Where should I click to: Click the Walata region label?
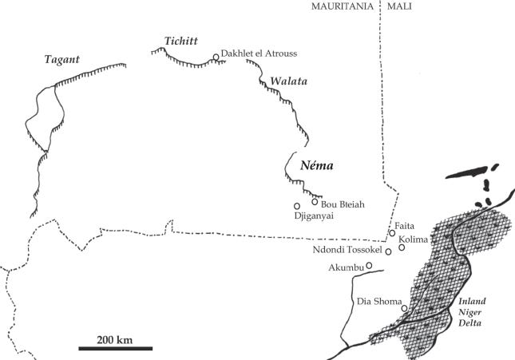288,81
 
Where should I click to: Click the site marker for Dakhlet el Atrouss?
216,57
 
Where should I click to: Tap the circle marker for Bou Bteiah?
315,201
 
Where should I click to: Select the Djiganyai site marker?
297,206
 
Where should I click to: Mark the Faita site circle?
391,233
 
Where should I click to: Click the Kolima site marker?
402,247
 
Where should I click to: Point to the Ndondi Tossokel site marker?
388,251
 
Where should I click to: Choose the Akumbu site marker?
369,266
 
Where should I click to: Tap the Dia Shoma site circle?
404,308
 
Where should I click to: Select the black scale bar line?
115,348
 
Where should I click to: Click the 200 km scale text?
115,339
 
